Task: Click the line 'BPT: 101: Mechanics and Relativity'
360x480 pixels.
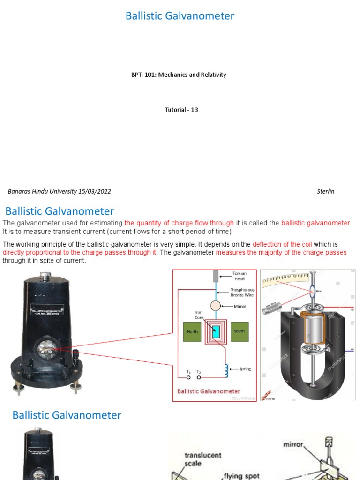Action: [179, 75]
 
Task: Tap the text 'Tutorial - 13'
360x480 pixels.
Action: [181, 110]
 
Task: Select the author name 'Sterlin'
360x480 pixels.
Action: [325, 191]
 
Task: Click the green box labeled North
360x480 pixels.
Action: [192, 331]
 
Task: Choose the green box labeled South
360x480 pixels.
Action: [239, 331]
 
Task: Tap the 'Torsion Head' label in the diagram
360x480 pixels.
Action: [239, 276]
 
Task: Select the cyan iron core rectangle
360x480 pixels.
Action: [216, 331]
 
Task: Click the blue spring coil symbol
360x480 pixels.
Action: [227, 370]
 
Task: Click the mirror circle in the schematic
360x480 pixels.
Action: [215, 306]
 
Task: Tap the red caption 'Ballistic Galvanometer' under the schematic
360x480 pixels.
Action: [208, 391]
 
